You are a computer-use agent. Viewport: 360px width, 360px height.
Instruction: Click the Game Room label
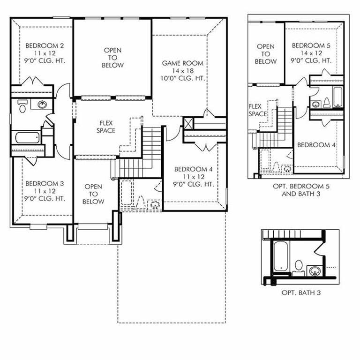click(183, 63)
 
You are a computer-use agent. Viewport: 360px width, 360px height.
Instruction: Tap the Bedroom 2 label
click(45, 45)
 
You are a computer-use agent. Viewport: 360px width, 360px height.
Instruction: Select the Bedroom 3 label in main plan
click(45, 183)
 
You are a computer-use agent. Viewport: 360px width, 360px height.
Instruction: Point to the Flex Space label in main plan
click(106, 127)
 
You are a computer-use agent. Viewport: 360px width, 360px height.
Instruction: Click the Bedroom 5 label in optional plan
click(311, 45)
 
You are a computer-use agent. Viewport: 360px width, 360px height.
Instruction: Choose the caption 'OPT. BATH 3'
click(301, 293)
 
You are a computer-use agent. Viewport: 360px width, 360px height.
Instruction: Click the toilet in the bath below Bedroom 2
click(22, 107)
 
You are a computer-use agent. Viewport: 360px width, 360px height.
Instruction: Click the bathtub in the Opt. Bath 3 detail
click(281, 256)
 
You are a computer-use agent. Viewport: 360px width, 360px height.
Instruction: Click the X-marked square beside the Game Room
click(189, 124)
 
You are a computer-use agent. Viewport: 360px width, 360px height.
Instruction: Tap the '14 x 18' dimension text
click(183, 71)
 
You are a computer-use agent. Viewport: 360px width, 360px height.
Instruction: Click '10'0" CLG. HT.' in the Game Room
click(183, 78)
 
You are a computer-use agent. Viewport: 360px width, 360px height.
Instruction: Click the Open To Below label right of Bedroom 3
click(93, 194)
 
